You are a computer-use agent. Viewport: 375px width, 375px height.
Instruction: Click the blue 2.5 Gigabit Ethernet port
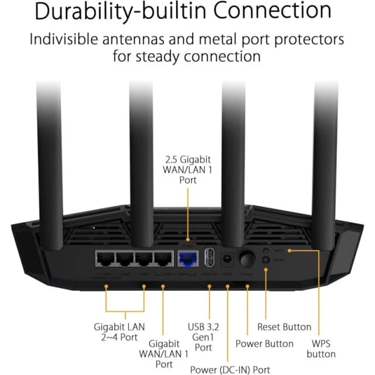pos(187,258)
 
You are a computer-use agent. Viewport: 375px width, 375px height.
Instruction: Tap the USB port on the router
pos(209,258)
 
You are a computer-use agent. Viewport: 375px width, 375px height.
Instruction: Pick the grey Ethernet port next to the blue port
pos(163,258)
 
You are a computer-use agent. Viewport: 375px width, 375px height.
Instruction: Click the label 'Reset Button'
pos(284,327)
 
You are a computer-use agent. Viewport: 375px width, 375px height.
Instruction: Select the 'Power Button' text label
pos(264,343)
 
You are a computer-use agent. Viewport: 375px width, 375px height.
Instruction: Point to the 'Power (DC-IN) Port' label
pos(230,369)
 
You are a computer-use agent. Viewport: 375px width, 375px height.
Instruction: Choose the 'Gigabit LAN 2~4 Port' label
pos(119,332)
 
